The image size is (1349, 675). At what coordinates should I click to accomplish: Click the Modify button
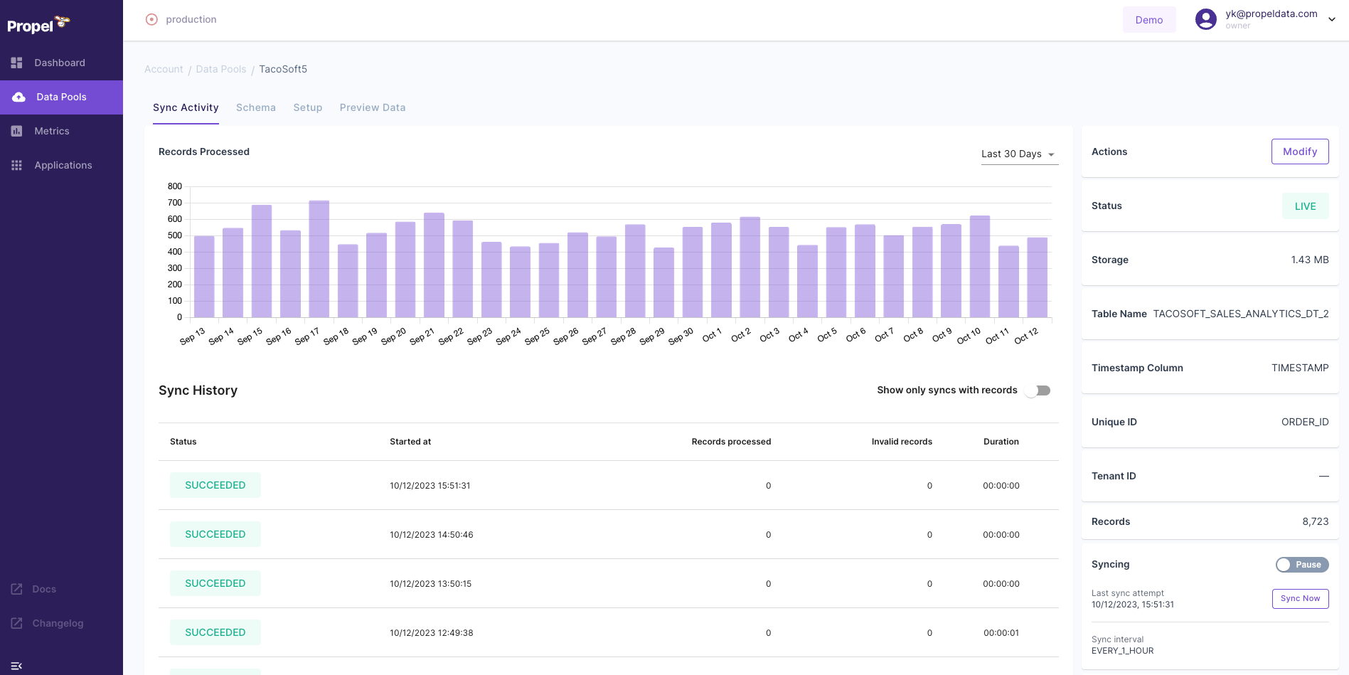tap(1299, 152)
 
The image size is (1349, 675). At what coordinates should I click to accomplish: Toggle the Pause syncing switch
tap(1301, 565)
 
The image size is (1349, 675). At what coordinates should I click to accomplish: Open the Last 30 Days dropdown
tap(1019, 154)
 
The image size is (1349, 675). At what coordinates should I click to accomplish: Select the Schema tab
tap(255, 107)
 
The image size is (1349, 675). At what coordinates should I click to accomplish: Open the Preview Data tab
tap(372, 107)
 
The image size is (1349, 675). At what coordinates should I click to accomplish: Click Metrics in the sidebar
tap(51, 131)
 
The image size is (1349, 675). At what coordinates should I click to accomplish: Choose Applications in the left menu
tap(63, 165)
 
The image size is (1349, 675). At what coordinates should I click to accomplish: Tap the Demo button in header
tap(1148, 20)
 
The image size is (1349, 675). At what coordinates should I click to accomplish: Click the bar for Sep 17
tap(319, 260)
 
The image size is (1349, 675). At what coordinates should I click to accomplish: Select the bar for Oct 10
tap(979, 267)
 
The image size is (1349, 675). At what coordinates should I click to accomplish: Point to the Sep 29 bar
tap(663, 282)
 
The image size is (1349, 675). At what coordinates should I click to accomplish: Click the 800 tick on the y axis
tap(175, 186)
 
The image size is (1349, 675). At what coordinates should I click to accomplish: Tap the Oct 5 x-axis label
tap(827, 335)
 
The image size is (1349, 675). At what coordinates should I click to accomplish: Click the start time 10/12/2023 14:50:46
tap(431, 535)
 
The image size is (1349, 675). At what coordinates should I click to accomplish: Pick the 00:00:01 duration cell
tap(1001, 633)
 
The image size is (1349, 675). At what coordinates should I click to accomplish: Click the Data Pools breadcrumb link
tap(220, 69)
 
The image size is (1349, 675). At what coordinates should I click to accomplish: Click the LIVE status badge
tap(1305, 206)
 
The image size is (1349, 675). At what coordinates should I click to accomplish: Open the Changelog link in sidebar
tap(58, 623)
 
